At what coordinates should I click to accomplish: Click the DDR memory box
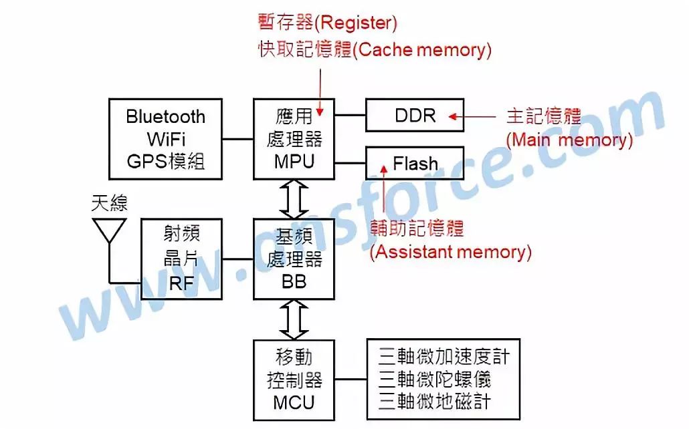coord(415,116)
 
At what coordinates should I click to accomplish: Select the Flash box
coord(415,164)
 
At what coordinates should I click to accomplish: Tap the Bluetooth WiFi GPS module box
coord(165,139)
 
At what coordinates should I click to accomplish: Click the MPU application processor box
coord(294,139)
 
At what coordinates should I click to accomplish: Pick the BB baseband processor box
coord(294,259)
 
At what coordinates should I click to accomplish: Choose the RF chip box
coord(181,259)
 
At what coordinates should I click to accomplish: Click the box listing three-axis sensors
coord(444,378)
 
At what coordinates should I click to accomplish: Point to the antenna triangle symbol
coord(108,229)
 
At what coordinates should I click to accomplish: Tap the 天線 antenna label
coord(109,203)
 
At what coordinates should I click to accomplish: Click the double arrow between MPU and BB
coord(294,199)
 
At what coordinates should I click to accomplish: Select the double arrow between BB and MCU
coord(294,319)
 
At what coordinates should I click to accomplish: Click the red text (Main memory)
coord(569,140)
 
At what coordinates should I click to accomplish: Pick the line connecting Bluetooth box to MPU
coord(237,139)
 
